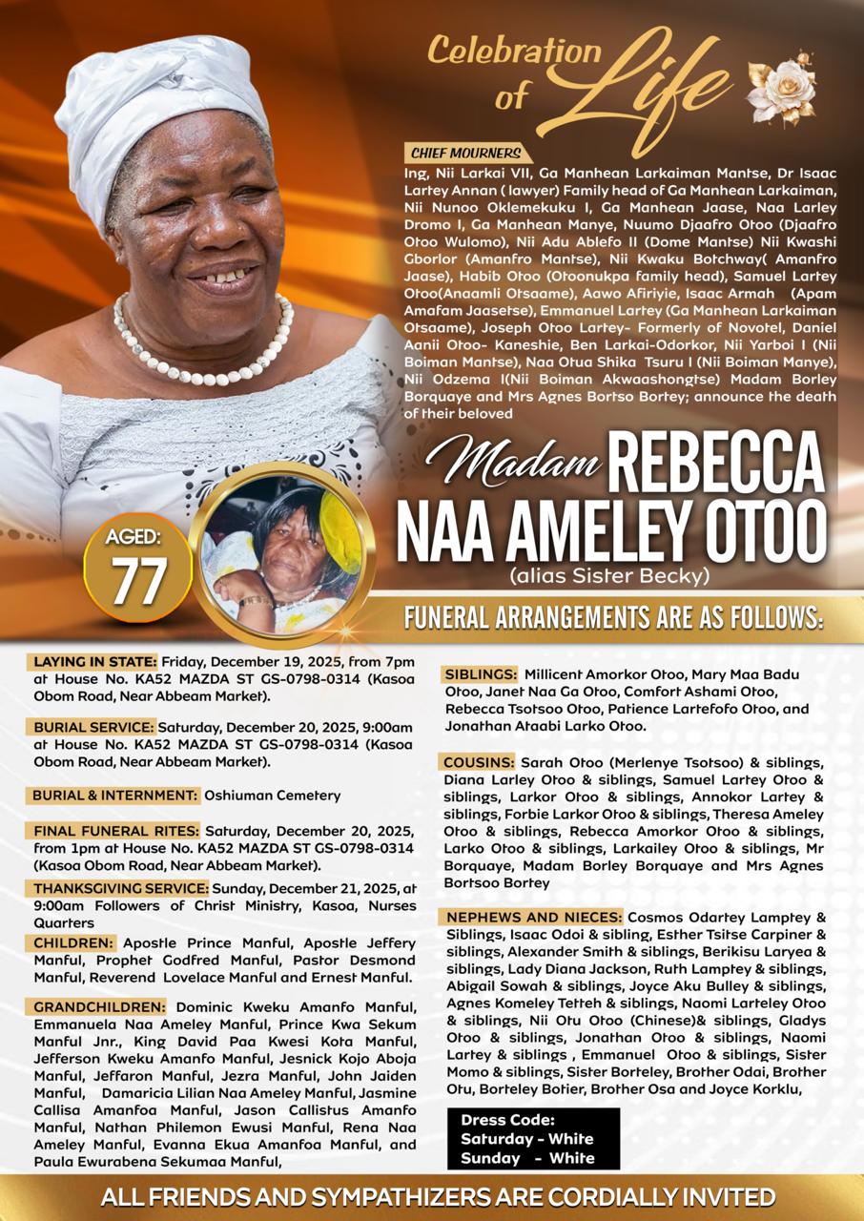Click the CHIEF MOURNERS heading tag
pos(466,154)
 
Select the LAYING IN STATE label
pos(94,662)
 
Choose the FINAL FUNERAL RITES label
pos(116,830)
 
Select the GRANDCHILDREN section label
pos(98,1006)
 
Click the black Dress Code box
pos(532,1138)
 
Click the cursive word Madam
pos(513,464)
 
